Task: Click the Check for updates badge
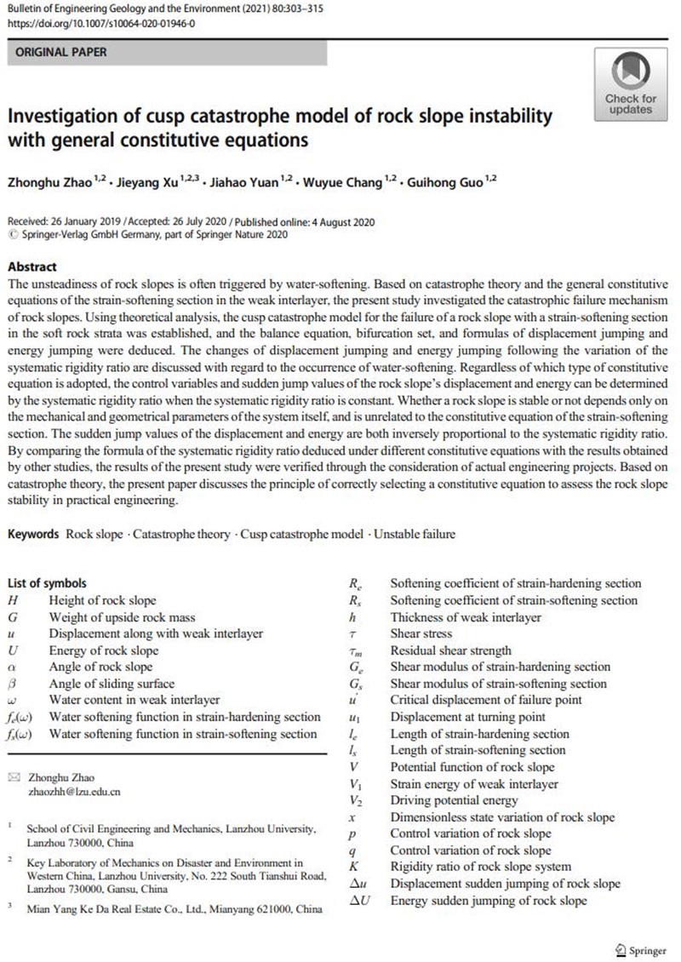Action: click(x=631, y=83)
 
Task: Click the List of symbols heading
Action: click(x=47, y=583)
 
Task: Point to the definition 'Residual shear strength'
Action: click(x=451, y=650)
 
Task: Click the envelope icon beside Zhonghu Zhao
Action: click(x=12, y=776)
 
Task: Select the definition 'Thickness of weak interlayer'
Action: click(x=466, y=617)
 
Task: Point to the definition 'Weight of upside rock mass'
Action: click(x=123, y=617)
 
